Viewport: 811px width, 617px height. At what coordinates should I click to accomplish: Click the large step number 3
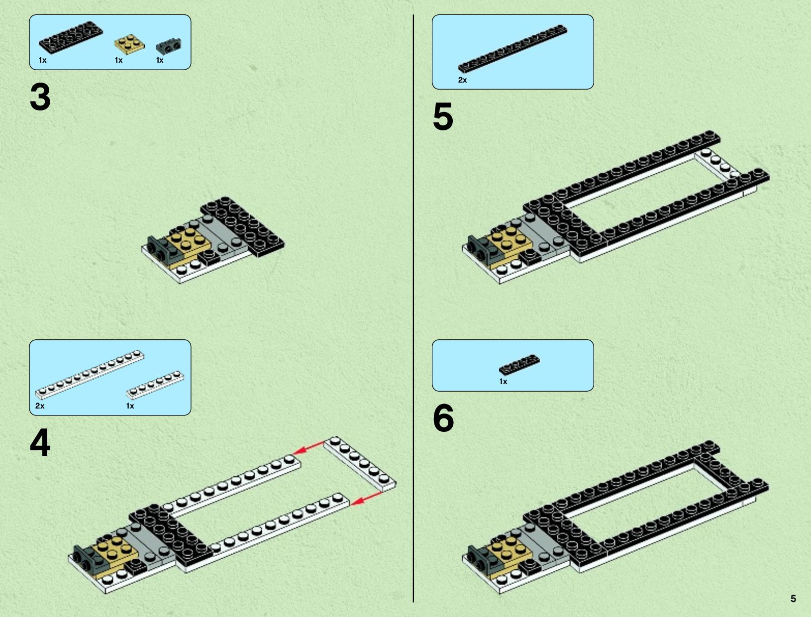[40, 97]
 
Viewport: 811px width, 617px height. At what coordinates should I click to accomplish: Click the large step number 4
[40, 443]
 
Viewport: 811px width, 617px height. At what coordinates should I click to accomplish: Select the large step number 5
[443, 116]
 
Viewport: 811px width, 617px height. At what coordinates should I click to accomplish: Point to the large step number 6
[443, 418]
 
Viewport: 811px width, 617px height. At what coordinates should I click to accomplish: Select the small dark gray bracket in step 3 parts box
[169, 45]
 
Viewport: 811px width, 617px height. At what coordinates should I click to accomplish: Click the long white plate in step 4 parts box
[90, 375]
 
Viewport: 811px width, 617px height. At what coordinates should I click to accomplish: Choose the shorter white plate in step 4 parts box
[155, 385]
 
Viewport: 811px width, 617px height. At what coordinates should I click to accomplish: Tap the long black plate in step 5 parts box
[512, 48]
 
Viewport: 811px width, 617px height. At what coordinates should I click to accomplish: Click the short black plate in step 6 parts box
[519, 365]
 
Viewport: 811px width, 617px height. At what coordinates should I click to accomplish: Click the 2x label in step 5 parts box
[462, 80]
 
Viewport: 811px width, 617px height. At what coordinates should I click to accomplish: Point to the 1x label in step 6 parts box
[503, 381]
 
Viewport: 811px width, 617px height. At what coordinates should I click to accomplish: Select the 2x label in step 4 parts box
[39, 406]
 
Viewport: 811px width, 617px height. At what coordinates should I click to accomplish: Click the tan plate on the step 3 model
[189, 243]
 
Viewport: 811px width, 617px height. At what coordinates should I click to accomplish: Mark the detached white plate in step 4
[360, 464]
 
